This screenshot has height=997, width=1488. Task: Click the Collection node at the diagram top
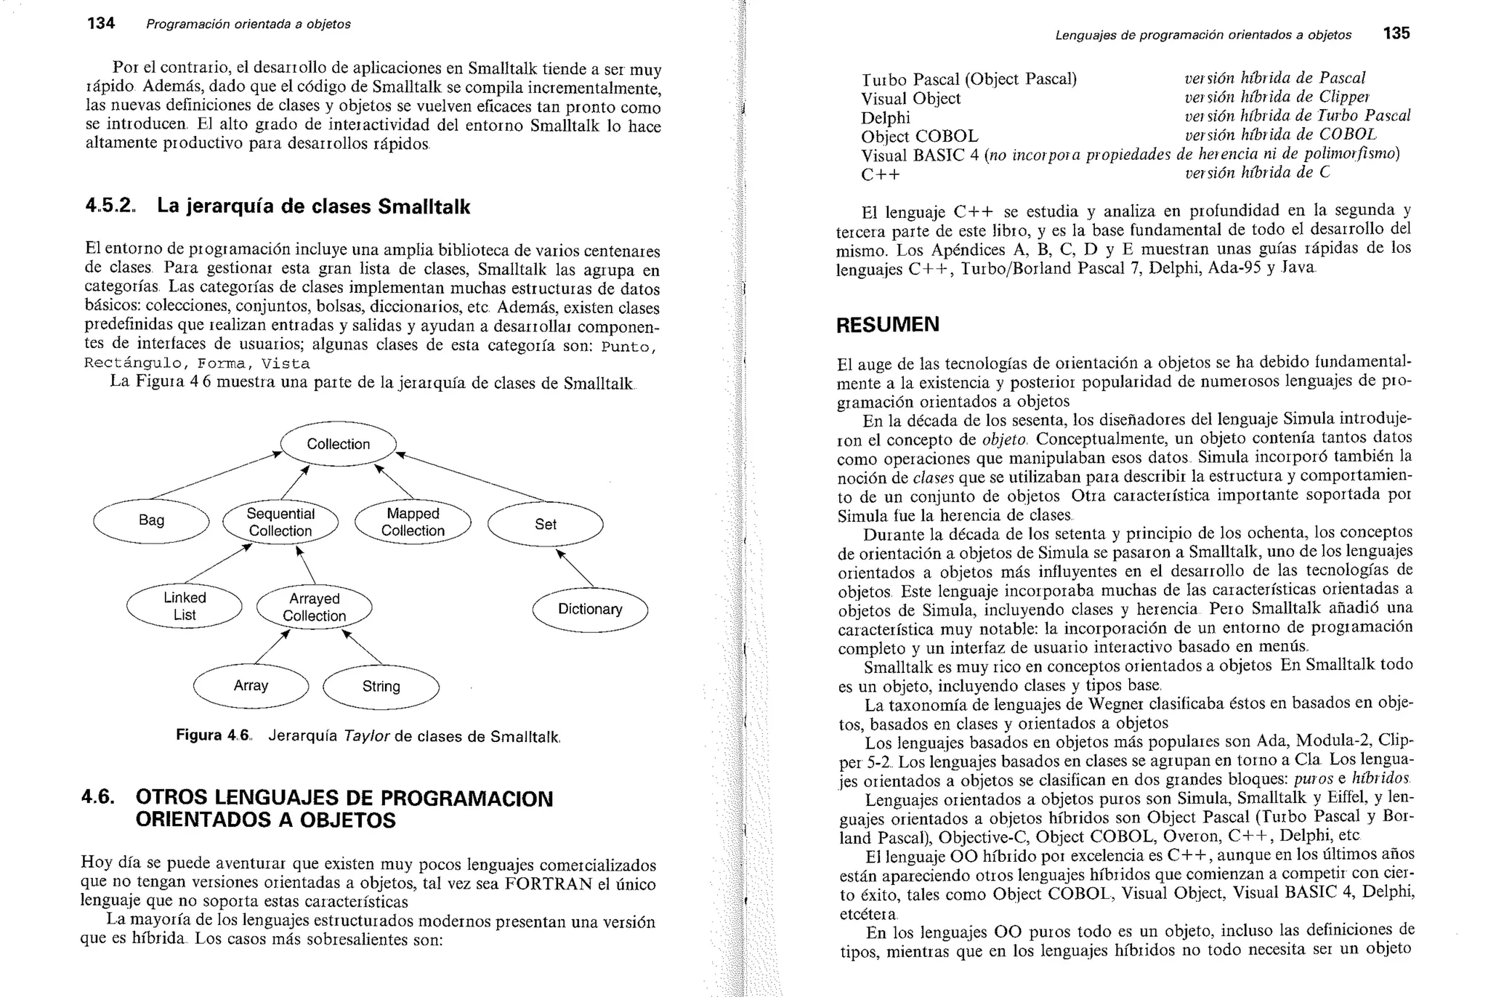(x=338, y=444)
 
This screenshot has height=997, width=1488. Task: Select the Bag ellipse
(x=151, y=520)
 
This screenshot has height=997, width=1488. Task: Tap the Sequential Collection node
(x=280, y=522)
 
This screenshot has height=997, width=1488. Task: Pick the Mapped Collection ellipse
(x=413, y=522)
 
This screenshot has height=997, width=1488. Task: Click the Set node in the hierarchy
(x=545, y=524)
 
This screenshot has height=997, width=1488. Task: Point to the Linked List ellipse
(x=184, y=606)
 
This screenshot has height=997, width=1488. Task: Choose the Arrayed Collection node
(x=314, y=607)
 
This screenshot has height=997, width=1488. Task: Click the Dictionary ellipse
(x=589, y=609)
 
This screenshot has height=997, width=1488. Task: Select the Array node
(x=251, y=685)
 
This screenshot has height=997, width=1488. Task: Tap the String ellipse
(x=381, y=686)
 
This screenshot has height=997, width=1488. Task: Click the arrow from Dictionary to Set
(x=575, y=568)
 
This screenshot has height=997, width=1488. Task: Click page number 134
(x=100, y=23)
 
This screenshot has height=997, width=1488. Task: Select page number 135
(x=1396, y=33)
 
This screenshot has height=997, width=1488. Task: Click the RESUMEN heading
(x=887, y=324)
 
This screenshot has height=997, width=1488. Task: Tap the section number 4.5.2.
(x=110, y=206)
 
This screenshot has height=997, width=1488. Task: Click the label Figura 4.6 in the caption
(x=213, y=735)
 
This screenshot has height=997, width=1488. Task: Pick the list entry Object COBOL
(x=919, y=137)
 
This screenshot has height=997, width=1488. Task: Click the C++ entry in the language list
(x=880, y=175)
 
